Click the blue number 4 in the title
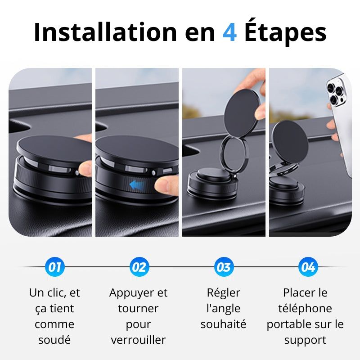(229, 32)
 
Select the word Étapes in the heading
(285, 32)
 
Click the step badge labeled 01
(54, 267)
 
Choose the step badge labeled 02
(139, 267)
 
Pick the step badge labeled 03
(223, 267)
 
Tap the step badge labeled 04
(308, 267)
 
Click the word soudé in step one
(54, 340)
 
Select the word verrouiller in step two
(139, 340)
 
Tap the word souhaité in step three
(224, 324)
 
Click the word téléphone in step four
(305, 308)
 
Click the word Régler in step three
(224, 292)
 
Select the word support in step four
(305, 340)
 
